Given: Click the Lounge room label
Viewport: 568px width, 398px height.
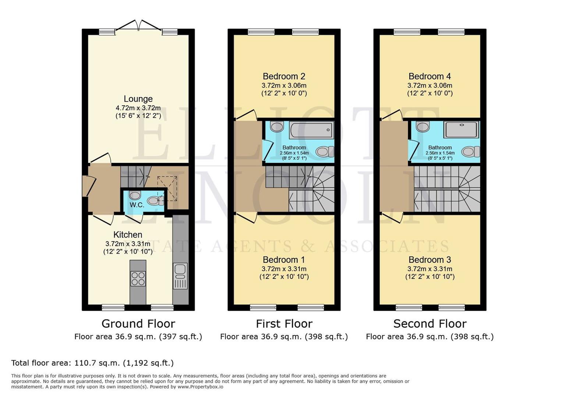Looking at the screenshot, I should pos(138,99).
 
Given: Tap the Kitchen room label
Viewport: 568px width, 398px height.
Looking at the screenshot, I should pos(128,235).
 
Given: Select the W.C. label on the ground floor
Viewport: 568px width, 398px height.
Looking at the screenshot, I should pos(136,205).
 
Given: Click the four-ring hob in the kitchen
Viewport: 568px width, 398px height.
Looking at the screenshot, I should pos(138,278).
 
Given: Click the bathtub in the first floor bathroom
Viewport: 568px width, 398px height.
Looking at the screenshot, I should pos(311,130).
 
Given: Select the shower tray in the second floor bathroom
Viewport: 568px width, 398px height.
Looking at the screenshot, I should pos(461,130).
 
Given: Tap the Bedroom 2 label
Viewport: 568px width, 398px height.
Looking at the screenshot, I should pos(284,76).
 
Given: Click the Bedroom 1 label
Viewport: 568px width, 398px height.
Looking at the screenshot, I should pos(284,260).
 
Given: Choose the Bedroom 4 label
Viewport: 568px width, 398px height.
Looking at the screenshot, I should pos(430,76).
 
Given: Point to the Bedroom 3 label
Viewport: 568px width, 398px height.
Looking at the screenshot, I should pos(430,260).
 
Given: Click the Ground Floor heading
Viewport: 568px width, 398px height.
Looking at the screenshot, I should pos(138,324).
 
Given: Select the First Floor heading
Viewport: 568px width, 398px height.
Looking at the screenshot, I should pos(284,324).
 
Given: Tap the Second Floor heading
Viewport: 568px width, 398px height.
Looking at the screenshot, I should pos(430,324).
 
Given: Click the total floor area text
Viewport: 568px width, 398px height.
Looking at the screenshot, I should pos(92,363).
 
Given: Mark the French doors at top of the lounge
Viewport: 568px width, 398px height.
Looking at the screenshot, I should pos(139,27).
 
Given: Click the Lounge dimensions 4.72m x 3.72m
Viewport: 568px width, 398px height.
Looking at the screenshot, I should pos(138,108).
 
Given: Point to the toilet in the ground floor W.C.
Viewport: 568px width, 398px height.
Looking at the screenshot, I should pos(155,201).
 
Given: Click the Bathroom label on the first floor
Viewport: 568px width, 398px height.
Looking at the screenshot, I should pos(294,147).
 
